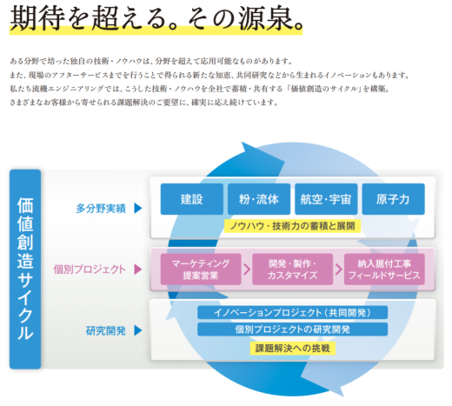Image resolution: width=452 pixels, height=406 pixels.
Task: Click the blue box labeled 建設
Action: point(192,199)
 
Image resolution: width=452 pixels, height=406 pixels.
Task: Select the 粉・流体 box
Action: point(259,199)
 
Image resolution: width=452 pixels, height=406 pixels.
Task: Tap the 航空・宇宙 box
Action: point(326,199)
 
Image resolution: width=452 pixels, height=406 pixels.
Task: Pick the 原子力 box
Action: point(394,199)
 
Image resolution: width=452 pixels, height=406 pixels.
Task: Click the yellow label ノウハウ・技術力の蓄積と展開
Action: point(292,226)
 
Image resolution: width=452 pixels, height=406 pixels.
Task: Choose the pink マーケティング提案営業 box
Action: point(201,270)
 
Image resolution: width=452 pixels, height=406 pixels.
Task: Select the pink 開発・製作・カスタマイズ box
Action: point(292,270)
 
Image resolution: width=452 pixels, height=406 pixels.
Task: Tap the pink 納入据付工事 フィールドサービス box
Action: point(384,270)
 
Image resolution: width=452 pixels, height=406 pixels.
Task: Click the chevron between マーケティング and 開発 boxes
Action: point(247,270)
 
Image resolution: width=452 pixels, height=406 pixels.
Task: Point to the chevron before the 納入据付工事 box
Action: point(338,270)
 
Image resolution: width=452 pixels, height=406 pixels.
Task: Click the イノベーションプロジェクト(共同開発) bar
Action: point(292,313)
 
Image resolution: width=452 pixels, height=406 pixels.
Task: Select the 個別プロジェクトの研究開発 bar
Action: point(292,329)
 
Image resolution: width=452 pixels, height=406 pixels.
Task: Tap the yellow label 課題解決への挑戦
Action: point(292,348)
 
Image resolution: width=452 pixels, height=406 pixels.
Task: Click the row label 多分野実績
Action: point(101,209)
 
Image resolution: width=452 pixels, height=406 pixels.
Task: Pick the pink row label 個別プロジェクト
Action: point(90,270)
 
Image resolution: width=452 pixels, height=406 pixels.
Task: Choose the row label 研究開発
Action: point(106,330)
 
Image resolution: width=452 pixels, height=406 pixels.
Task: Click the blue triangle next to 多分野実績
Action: point(138,209)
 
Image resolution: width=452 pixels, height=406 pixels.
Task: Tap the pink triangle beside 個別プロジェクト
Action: point(138,270)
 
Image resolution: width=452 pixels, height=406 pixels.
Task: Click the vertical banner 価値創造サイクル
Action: point(25,269)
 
